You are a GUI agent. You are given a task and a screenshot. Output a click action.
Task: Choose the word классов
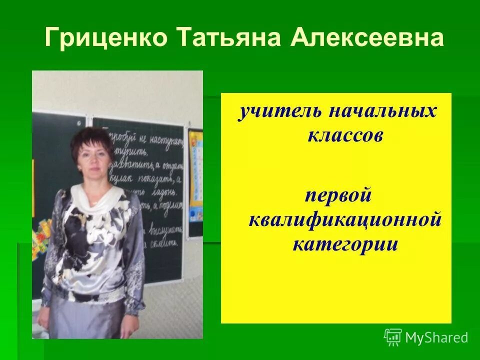coord(345,135)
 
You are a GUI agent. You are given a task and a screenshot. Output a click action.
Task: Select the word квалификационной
coord(345,220)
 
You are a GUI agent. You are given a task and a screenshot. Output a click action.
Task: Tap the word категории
coord(345,244)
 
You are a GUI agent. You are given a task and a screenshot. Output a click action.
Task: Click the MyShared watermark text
coord(436,338)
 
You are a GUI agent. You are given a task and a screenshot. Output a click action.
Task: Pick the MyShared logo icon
coord(393,337)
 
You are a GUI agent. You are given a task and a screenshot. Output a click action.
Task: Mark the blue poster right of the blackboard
coord(195,175)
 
